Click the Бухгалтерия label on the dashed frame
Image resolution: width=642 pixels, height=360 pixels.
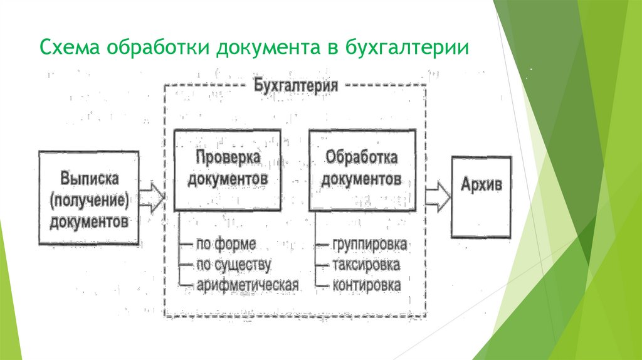[x=296, y=85]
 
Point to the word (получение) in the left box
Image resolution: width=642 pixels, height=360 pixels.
[x=89, y=199]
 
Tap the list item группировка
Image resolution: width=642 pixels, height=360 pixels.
[x=369, y=244]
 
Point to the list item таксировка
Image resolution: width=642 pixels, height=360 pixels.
[x=366, y=265]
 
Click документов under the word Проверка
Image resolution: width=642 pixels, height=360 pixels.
[x=227, y=179]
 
